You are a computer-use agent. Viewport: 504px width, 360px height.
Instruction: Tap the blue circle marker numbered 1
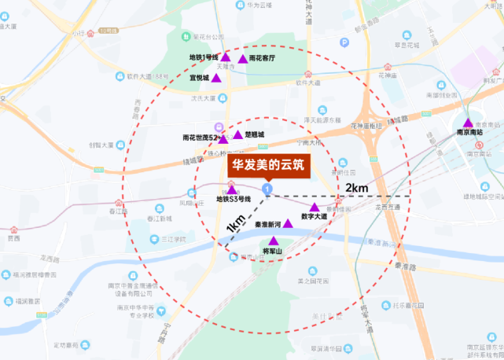tap(268, 189)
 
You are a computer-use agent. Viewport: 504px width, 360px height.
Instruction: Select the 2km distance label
tap(356, 188)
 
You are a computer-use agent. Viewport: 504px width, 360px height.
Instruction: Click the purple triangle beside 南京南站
tap(468, 123)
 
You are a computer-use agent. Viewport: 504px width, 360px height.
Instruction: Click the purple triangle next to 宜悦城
tap(216, 78)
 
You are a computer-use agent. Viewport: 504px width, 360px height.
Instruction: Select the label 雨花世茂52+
tap(200, 137)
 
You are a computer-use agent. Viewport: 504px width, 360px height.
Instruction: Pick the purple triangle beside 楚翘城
tap(237, 135)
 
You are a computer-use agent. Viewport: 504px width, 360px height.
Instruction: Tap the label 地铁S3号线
tap(233, 199)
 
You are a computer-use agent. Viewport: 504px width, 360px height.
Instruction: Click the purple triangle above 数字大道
tap(315, 207)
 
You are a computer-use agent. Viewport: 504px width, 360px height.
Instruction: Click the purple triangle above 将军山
tap(274, 240)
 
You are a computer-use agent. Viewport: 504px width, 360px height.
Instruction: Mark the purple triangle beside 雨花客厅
tap(241, 58)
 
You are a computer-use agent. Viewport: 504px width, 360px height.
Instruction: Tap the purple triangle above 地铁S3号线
tap(231, 189)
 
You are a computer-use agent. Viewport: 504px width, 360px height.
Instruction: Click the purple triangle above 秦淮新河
tap(288, 223)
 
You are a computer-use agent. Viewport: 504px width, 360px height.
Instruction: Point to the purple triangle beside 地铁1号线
tap(226, 57)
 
